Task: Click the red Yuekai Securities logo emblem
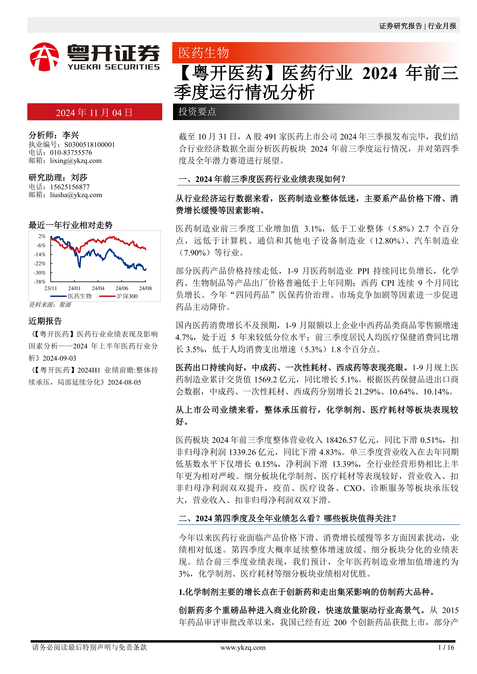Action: pos(44,57)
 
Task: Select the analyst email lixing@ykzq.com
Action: pos(76,161)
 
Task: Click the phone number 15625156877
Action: pos(70,187)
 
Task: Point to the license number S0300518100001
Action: pos(90,145)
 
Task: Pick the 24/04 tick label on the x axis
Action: pos(98,288)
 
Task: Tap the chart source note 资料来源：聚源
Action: pos(50,305)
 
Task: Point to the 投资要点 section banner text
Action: pos(197,112)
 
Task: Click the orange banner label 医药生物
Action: pos(204,53)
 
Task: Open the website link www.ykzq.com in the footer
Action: pos(243,647)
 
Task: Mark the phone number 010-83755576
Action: pos(71,153)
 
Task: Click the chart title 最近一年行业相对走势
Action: pos(71,225)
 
